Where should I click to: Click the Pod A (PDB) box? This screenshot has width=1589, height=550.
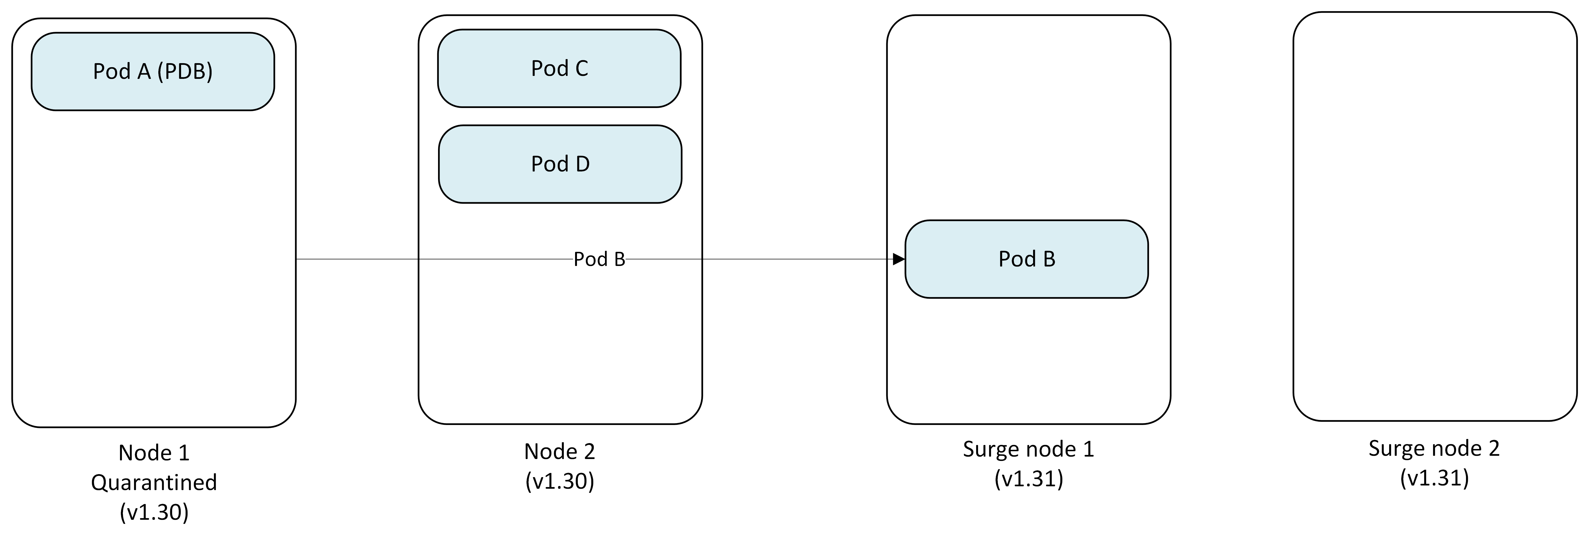[152, 72]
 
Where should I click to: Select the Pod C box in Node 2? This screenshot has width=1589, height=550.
[559, 69]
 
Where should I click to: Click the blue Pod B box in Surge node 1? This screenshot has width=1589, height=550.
[1026, 259]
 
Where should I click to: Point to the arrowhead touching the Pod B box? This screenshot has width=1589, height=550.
[899, 259]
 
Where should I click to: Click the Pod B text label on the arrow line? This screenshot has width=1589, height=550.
[599, 259]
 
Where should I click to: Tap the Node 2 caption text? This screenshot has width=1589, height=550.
[559, 451]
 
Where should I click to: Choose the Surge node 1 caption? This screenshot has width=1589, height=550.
[1028, 449]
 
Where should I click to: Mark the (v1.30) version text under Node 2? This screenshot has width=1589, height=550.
[559, 481]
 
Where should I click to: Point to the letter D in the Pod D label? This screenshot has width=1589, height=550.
[582, 164]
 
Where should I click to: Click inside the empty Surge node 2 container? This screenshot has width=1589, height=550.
[1434, 216]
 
